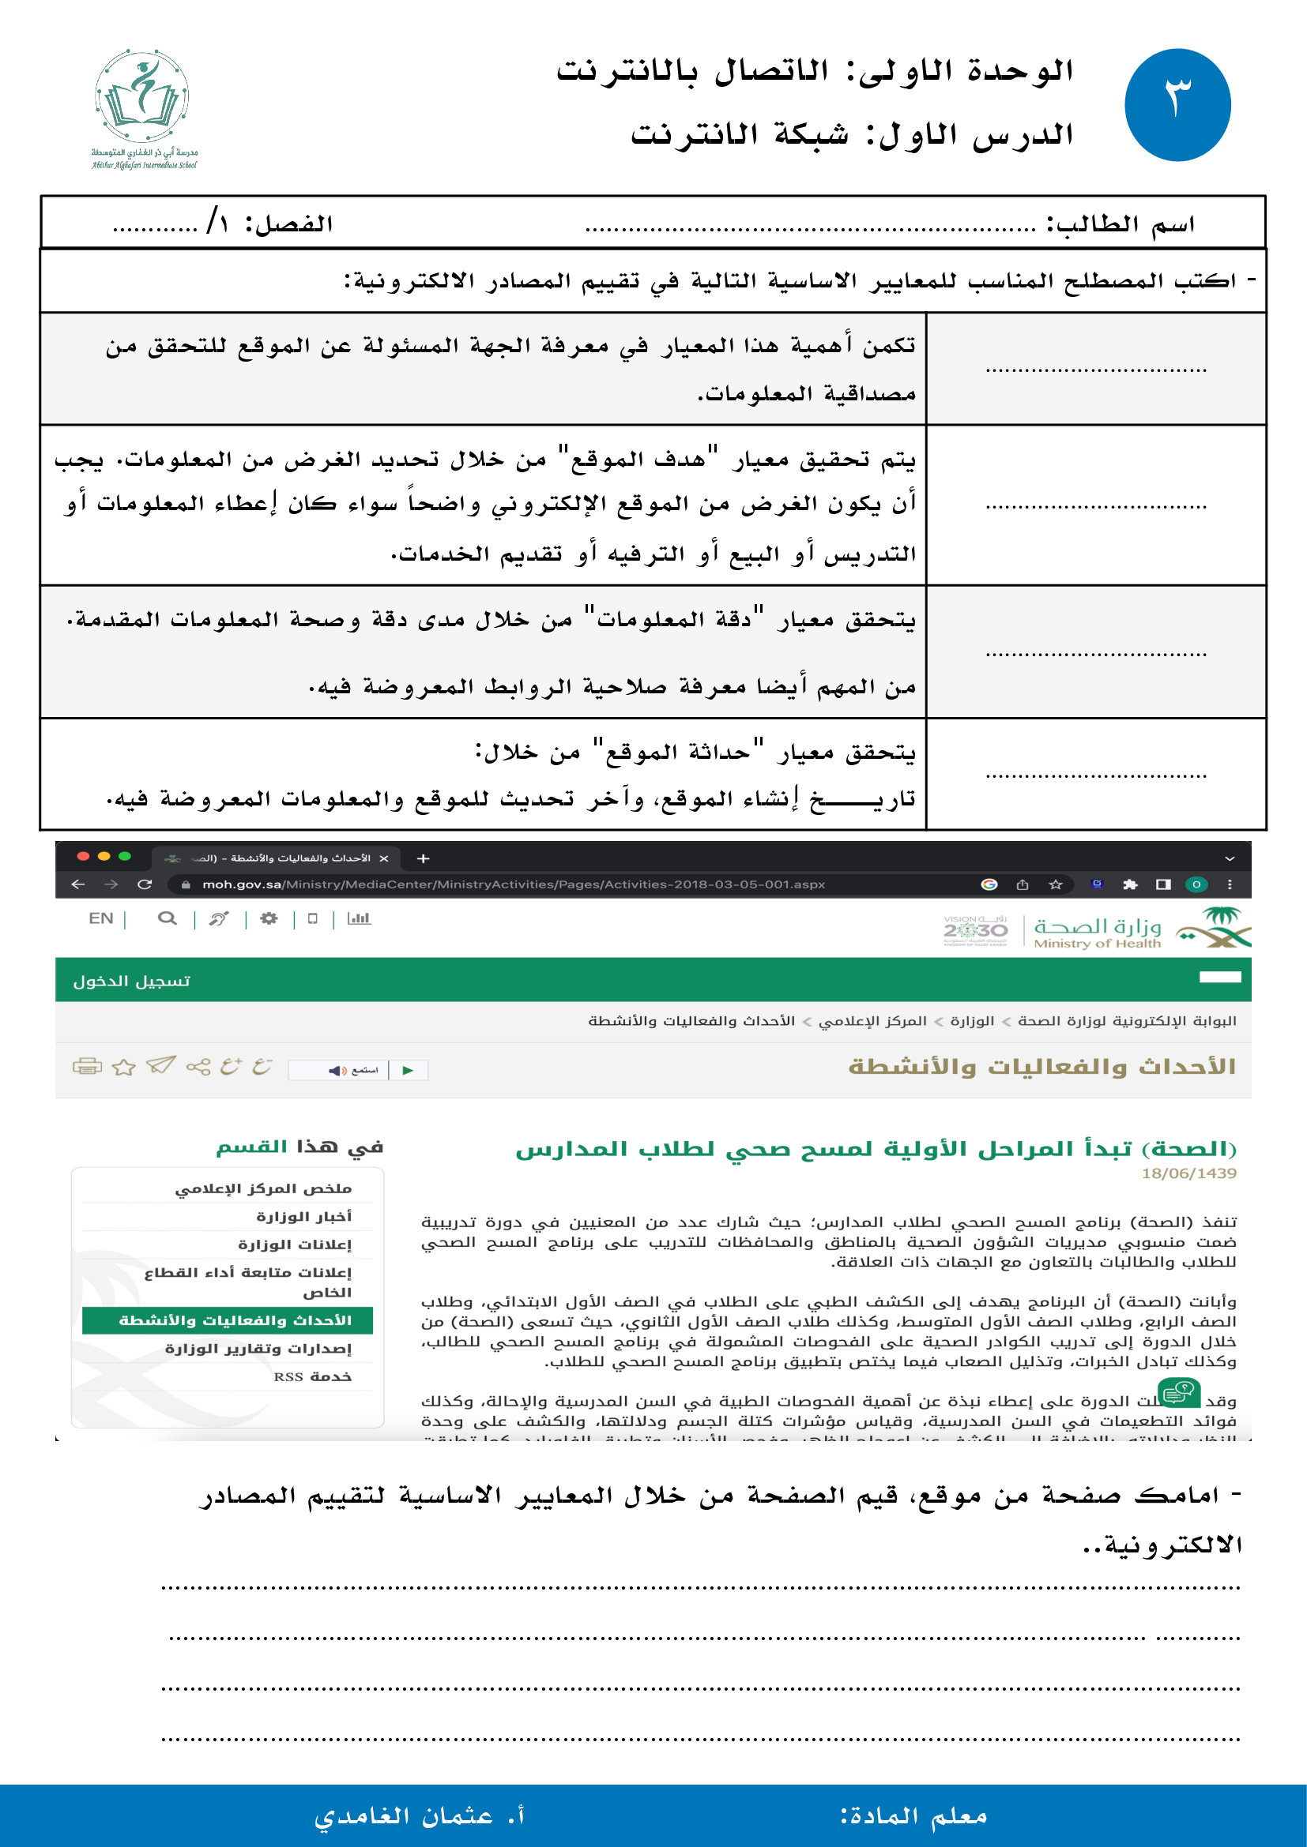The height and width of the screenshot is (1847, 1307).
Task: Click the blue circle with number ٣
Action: point(1177,104)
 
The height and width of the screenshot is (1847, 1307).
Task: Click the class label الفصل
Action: point(289,223)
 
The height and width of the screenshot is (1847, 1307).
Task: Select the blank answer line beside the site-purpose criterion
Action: point(1095,507)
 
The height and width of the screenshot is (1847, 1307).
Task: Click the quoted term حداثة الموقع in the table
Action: point(678,753)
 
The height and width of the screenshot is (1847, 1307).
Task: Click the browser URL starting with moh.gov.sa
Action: point(513,884)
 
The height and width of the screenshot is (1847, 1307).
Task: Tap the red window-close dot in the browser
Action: point(83,856)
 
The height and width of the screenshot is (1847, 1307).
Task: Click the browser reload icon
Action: point(145,884)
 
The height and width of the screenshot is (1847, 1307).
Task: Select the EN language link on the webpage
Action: point(100,918)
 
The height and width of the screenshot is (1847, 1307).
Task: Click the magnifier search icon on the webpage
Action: point(167,918)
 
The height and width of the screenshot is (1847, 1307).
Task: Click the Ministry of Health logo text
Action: point(1096,933)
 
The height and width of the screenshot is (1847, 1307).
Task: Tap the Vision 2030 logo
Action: point(975,931)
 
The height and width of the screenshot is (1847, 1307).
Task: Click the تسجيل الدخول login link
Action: point(131,982)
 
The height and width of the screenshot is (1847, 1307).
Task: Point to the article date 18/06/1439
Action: point(1188,1173)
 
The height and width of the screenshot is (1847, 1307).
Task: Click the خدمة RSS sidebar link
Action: point(312,1377)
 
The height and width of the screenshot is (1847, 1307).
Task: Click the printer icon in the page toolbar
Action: point(87,1067)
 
